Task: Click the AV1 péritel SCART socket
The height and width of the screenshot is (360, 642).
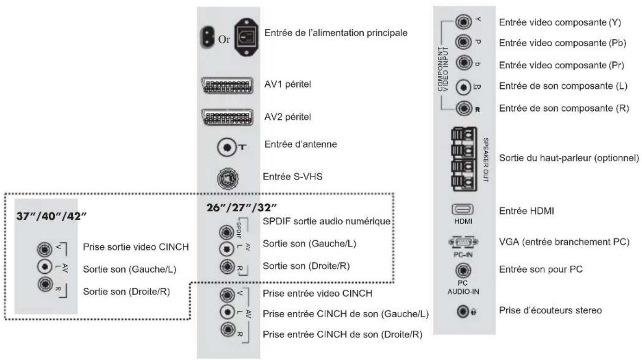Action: pyautogui.click(x=227, y=85)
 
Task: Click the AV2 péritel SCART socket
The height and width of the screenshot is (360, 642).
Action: pyautogui.click(x=227, y=117)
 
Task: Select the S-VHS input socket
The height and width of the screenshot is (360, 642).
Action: pyautogui.click(x=228, y=178)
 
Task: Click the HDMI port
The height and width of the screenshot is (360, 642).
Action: pyautogui.click(x=462, y=210)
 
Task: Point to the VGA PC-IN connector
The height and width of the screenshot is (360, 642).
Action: pyautogui.click(x=463, y=242)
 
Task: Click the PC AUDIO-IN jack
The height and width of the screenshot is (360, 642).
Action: pyautogui.click(x=463, y=270)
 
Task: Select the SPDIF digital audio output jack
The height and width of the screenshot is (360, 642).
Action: pyautogui.click(x=226, y=232)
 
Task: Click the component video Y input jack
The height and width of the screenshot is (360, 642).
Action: pyautogui.click(x=463, y=21)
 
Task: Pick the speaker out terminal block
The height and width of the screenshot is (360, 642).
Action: pyautogui.click(x=464, y=159)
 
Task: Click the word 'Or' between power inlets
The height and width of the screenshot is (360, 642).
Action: pyautogui.click(x=224, y=39)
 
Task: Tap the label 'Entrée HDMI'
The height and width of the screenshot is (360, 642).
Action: pyautogui.click(x=526, y=211)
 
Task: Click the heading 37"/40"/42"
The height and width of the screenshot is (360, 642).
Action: pyautogui.click(x=51, y=216)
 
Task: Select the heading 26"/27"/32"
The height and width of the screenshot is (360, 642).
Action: pyautogui.click(x=242, y=207)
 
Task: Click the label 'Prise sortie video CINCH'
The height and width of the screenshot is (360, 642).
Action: pyautogui.click(x=136, y=247)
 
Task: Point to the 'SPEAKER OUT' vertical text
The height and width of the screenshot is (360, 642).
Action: pyautogui.click(x=486, y=160)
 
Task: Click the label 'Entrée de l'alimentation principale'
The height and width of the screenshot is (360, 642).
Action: pyautogui.click(x=336, y=33)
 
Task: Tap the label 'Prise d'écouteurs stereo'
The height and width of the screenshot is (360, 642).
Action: pyautogui.click(x=551, y=310)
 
